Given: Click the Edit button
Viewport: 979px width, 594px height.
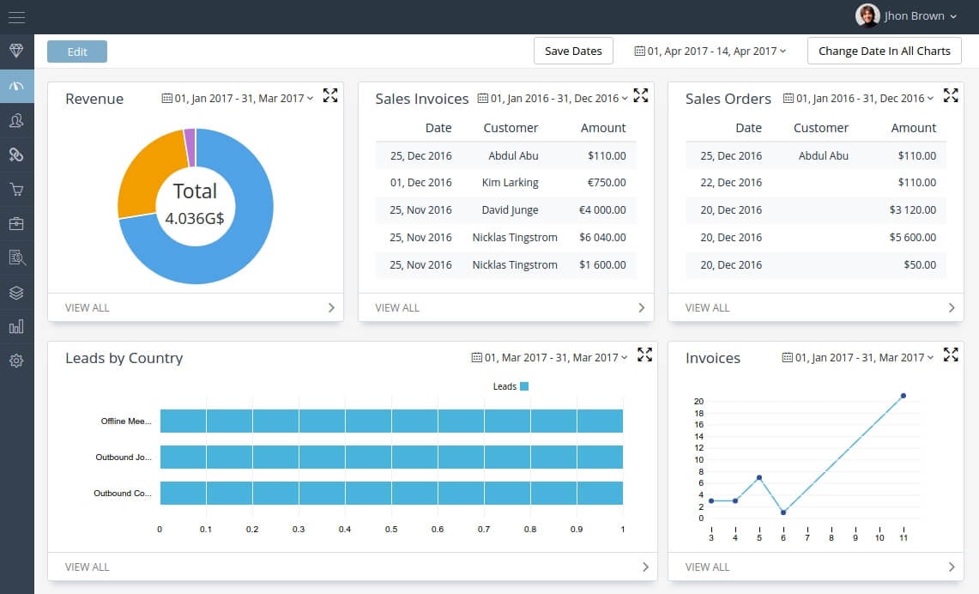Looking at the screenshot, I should click(77, 52).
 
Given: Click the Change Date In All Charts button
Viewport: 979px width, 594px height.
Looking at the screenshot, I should click(884, 51).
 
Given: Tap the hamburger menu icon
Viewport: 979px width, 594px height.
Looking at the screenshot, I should click(16, 17).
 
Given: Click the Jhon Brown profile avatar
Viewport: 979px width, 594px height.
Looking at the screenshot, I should click(867, 15).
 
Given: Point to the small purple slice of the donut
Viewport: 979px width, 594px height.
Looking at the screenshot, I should click(190, 136).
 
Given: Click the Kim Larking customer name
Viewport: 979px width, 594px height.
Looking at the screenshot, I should click(511, 183).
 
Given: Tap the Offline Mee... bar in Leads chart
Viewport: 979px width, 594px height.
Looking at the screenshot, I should click(391, 421).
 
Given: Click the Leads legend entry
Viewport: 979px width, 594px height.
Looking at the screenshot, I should click(511, 386).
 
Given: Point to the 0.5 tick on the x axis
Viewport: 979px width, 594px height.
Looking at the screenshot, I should click(391, 530).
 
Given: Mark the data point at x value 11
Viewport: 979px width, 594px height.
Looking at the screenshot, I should click(903, 396).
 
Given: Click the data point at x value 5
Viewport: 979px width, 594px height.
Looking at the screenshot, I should click(759, 477).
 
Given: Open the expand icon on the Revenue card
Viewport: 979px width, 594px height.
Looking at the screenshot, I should click(330, 95).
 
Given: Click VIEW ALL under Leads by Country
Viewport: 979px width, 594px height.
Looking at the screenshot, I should click(88, 567).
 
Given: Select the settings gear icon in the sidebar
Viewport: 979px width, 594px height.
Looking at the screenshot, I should click(16, 361).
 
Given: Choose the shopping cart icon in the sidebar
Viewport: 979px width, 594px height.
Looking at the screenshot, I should click(16, 190).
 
